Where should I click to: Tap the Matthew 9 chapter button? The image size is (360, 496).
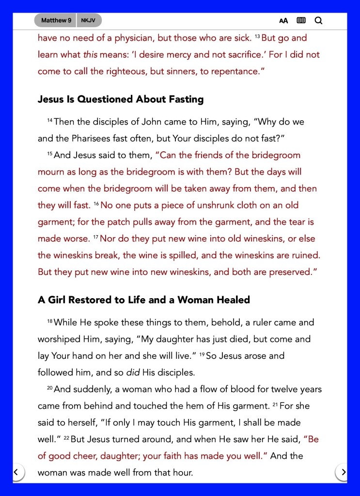click(56, 20)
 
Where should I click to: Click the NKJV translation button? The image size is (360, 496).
click(89, 20)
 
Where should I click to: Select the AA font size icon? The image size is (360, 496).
click(283, 20)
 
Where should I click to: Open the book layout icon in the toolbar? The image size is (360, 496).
click(301, 20)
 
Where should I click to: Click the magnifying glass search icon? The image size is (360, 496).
click(318, 20)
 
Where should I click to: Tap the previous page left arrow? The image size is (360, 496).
click(16, 471)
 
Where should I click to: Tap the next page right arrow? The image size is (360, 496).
click(343, 471)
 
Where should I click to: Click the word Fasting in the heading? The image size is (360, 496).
click(180, 99)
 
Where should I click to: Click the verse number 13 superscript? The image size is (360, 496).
click(257, 36)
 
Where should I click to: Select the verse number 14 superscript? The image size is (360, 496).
click(50, 120)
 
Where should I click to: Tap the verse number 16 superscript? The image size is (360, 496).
click(96, 204)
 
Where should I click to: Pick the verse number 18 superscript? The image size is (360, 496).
click(50, 321)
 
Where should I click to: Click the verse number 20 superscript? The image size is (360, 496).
click(49, 387)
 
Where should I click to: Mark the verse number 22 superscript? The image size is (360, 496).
click(66, 438)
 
